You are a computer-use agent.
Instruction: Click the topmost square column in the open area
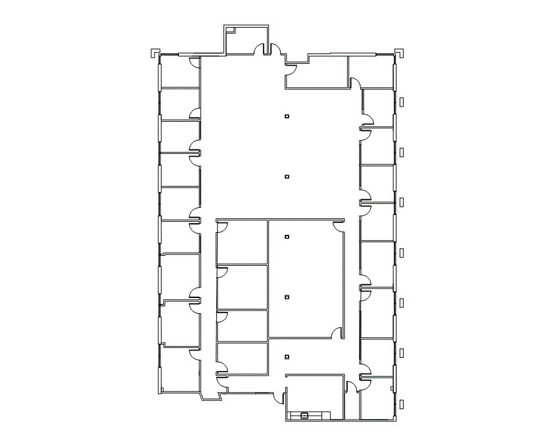287,116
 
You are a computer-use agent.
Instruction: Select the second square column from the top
287,176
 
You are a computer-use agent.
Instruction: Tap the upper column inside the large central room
287,236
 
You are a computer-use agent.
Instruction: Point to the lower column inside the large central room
287,297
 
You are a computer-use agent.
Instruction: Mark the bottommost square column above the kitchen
287,357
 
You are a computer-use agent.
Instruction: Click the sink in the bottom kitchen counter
304,415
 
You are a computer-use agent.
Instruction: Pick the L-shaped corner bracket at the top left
153,51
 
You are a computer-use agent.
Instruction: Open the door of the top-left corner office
195,62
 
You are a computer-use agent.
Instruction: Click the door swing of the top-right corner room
355,82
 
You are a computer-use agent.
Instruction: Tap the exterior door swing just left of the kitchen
281,399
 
